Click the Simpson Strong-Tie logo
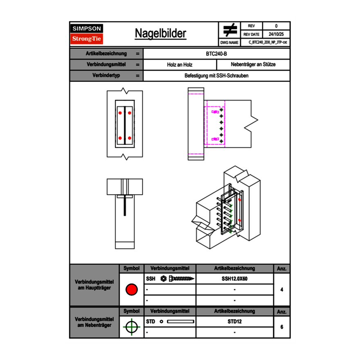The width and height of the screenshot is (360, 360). (87, 34)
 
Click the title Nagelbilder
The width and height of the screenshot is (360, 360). (160, 34)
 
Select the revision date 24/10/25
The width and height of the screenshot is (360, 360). (276, 34)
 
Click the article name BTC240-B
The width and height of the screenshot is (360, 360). (216, 54)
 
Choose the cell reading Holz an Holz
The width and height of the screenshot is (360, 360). (180, 65)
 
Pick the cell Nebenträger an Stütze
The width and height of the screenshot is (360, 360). (253, 65)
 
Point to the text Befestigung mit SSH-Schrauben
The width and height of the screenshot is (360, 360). (216, 76)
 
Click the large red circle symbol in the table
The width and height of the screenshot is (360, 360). (131, 290)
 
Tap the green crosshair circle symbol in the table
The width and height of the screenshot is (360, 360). (131, 327)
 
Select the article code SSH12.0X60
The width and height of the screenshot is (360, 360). (234, 279)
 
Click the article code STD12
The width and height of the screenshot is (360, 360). (234, 322)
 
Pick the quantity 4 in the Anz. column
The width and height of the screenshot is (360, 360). (281, 290)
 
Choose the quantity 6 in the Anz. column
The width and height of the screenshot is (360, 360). (281, 327)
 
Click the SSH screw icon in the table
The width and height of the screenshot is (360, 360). (177, 279)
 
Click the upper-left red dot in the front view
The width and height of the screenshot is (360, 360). (120, 112)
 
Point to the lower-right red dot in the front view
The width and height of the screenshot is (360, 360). (129, 138)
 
